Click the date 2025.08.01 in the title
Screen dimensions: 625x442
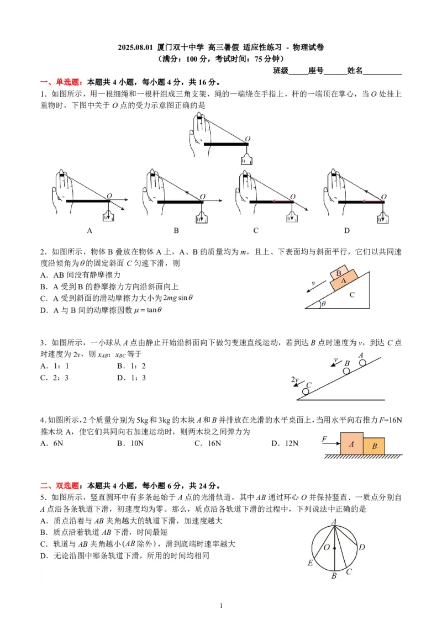pyautogui.click(x=136, y=47)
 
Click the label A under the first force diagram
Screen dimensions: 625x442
pyautogui.click(x=90, y=230)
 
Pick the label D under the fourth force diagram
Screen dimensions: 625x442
pyautogui.click(x=347, y=230)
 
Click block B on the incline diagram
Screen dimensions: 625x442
pyautogui.click(x=339, y=272)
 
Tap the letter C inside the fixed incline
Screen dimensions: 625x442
pyautogui.click(x=352, y=295)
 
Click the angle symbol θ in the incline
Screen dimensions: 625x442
pyautogui.click(x=324, y=303)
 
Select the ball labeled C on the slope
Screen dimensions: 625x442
pyautogui.click(x=306, y=391)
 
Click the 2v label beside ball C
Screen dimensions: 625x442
pyautogui.click(x=295, y=380)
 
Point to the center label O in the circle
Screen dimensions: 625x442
pyautogui.click(x=327, y=547)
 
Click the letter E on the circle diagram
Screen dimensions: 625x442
pyautogui.click(x=310, y=563)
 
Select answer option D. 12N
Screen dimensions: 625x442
pyautogui.click(x=285, y=443)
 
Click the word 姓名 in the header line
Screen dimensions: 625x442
pyautogui.click(x=355, y=70)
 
